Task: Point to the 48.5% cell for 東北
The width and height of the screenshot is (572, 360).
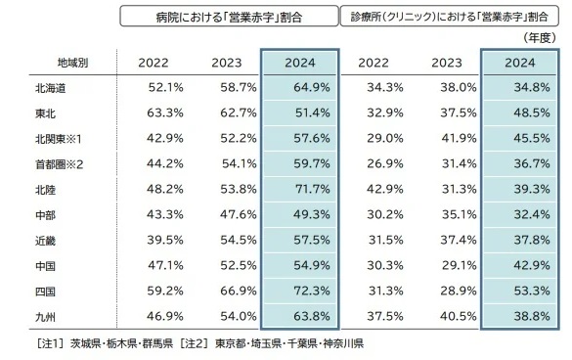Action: click(x=519, y=113)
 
